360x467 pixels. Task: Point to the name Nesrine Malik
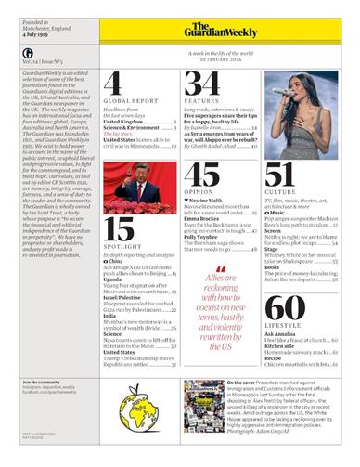click(209, 200)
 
